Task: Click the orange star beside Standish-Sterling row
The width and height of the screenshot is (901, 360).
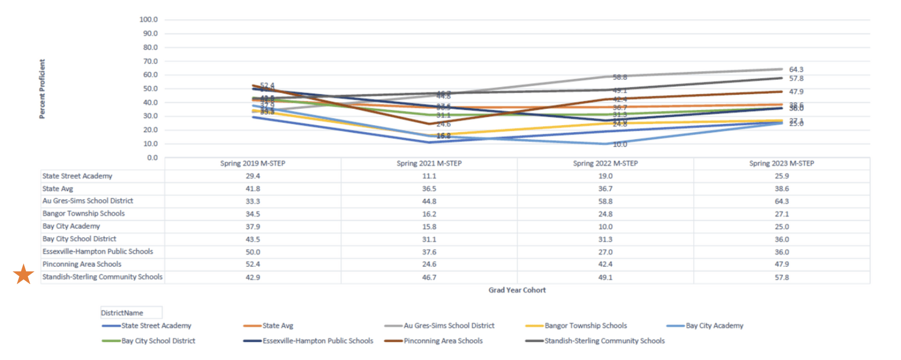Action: pyautogui.click(x=24, y=274)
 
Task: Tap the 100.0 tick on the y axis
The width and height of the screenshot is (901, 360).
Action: pyautogui.click(x=149, y=19)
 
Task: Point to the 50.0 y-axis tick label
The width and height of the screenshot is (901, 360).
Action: pyautogui.click(x=150, y=88)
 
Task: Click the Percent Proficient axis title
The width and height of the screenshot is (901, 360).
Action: pyautogui.click(x=42, y=89)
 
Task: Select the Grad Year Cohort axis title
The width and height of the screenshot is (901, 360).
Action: pyautogui.click(x=517, y=290)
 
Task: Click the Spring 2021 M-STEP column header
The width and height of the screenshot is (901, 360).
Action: pyautogui.click(x=429, y=163)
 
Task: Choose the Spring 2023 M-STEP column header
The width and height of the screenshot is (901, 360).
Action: pyautogui.click(x=781, y=163)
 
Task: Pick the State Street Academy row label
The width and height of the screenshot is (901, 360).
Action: pyautogui.click(x=78, y=176)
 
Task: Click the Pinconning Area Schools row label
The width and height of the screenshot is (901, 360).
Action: pyautogui.click(x=82, y=264)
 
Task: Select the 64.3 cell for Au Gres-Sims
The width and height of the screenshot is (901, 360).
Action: pyautogui.click(x=781, y=202)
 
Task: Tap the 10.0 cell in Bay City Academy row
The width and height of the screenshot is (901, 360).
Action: pyautogui.click(x=605, y=227)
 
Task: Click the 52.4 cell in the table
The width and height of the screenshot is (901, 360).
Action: pyautogui.click(x=253, y=265)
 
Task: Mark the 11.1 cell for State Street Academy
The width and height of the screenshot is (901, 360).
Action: pyautogui.click(x=429, y=176)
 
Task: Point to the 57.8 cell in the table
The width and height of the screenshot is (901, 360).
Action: pyautogui.click(x=781, y=278)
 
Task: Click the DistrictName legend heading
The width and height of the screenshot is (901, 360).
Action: pyautogui.click(x=122, y=313)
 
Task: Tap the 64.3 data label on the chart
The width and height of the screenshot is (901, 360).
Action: pyautogui.click(x=796, y=70)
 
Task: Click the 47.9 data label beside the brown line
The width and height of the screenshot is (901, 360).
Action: pyautogui.click(x=796, y=92)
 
